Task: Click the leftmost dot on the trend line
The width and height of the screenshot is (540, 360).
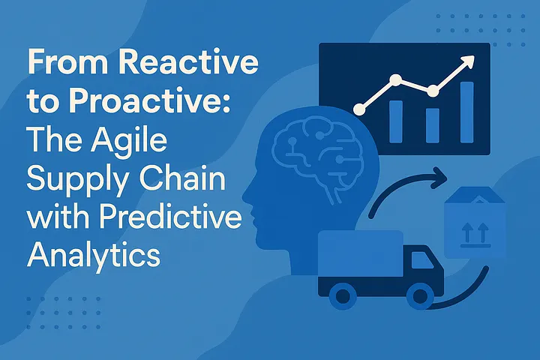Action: coord(359,109)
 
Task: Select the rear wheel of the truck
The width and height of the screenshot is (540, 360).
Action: coord(342,295)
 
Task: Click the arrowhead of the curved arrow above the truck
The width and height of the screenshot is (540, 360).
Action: coord(439,178)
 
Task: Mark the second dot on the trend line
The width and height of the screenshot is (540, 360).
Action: coord(396,79)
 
